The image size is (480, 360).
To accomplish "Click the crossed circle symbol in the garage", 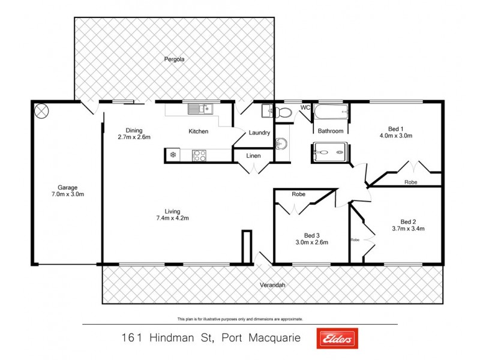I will pyautogui.click(x=43, y=110).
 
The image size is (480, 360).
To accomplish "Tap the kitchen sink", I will pyautogui.click(x=199, y=109).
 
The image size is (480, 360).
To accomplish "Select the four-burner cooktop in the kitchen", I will pyautogui.click(x=200, y=155).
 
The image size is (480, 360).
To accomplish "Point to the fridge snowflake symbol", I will pyautogui.click(x=173, y=155).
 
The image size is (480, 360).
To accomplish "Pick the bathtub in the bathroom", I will pyautogui.click(x=331, y=112).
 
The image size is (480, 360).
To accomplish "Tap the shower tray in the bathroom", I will pyautogui.click(x=330, y=152).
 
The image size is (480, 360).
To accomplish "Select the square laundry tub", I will pyautogui.click(x=267, y=111).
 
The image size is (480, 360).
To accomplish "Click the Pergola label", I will pyautogui.click(x=175, y=59).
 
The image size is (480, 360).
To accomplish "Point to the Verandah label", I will pyautogui.click(x=272, y=284).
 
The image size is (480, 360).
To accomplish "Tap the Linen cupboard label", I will pyautogui.click(x=253, y=155).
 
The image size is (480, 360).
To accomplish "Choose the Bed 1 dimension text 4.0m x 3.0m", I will pyautogui.click(x=396, y=136).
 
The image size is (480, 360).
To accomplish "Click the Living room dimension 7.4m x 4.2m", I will pyautogui.click(x=173, y=218).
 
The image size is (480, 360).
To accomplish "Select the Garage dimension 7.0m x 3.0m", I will pyautogui.click(x=67, y=194).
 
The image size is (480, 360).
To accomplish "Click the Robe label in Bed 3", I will pyautogui.click(x=299, y=194).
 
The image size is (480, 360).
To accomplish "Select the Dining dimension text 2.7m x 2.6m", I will pyautogui.click(x=134, y=137).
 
